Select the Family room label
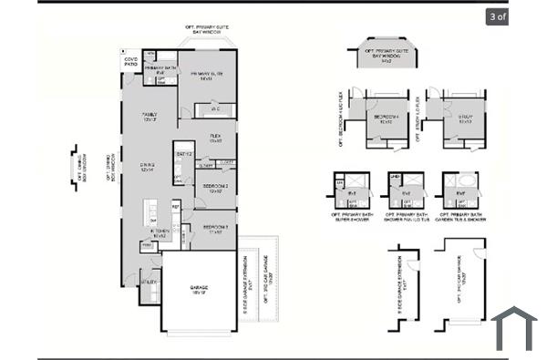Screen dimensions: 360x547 click(x=149, y=116)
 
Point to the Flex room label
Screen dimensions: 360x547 click(x=215, y=139)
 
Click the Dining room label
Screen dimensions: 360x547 click(x=148, y=167)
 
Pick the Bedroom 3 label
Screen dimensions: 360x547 click(x=215, y=228)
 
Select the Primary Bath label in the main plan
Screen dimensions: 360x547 click(x=160, y=69)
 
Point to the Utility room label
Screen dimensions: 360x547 click(x=149, y=283)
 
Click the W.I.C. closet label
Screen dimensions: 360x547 click(x=215, y=109)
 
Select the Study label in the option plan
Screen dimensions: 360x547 click(x=462, y=118)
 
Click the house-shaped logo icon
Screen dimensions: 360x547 click(x=515, y=330)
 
